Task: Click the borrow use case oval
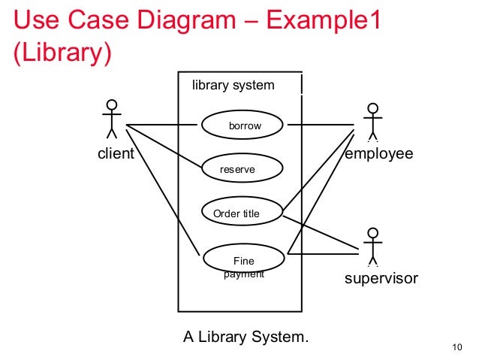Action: (242, 125)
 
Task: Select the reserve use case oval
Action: (242, 169)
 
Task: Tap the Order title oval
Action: (242, 213)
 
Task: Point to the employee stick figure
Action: (372, 121)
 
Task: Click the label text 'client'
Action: (116, 155)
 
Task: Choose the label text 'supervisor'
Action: (381, 280)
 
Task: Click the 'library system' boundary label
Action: (233, 85)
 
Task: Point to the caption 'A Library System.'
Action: (246, 336)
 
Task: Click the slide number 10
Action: (456, 347)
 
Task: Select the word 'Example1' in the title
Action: (324, 21)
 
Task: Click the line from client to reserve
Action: (164, 147)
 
